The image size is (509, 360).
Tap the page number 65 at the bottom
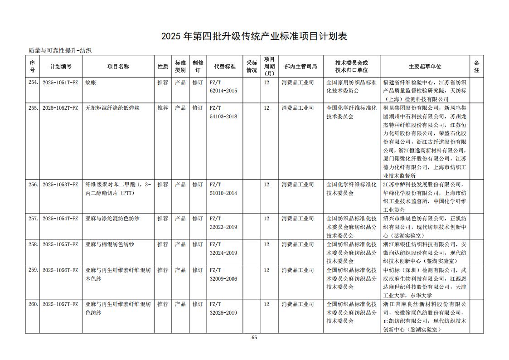(254, 337)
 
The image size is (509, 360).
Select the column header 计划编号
(61, 67)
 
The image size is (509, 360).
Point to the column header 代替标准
(225, 67)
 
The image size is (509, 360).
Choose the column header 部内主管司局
(301, 67)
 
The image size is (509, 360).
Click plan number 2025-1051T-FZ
(60, 83)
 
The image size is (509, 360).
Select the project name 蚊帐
(91, 83)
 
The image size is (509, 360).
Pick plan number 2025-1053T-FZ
(60, 185)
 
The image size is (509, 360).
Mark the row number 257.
(33, 219)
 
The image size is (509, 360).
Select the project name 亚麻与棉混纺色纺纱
(110, 244)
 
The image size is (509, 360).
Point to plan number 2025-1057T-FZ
(60, 304)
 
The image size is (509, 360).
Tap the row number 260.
(33, 304)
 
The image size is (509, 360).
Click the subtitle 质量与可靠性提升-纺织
(60, 51)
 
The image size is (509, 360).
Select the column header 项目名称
(118, 67)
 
